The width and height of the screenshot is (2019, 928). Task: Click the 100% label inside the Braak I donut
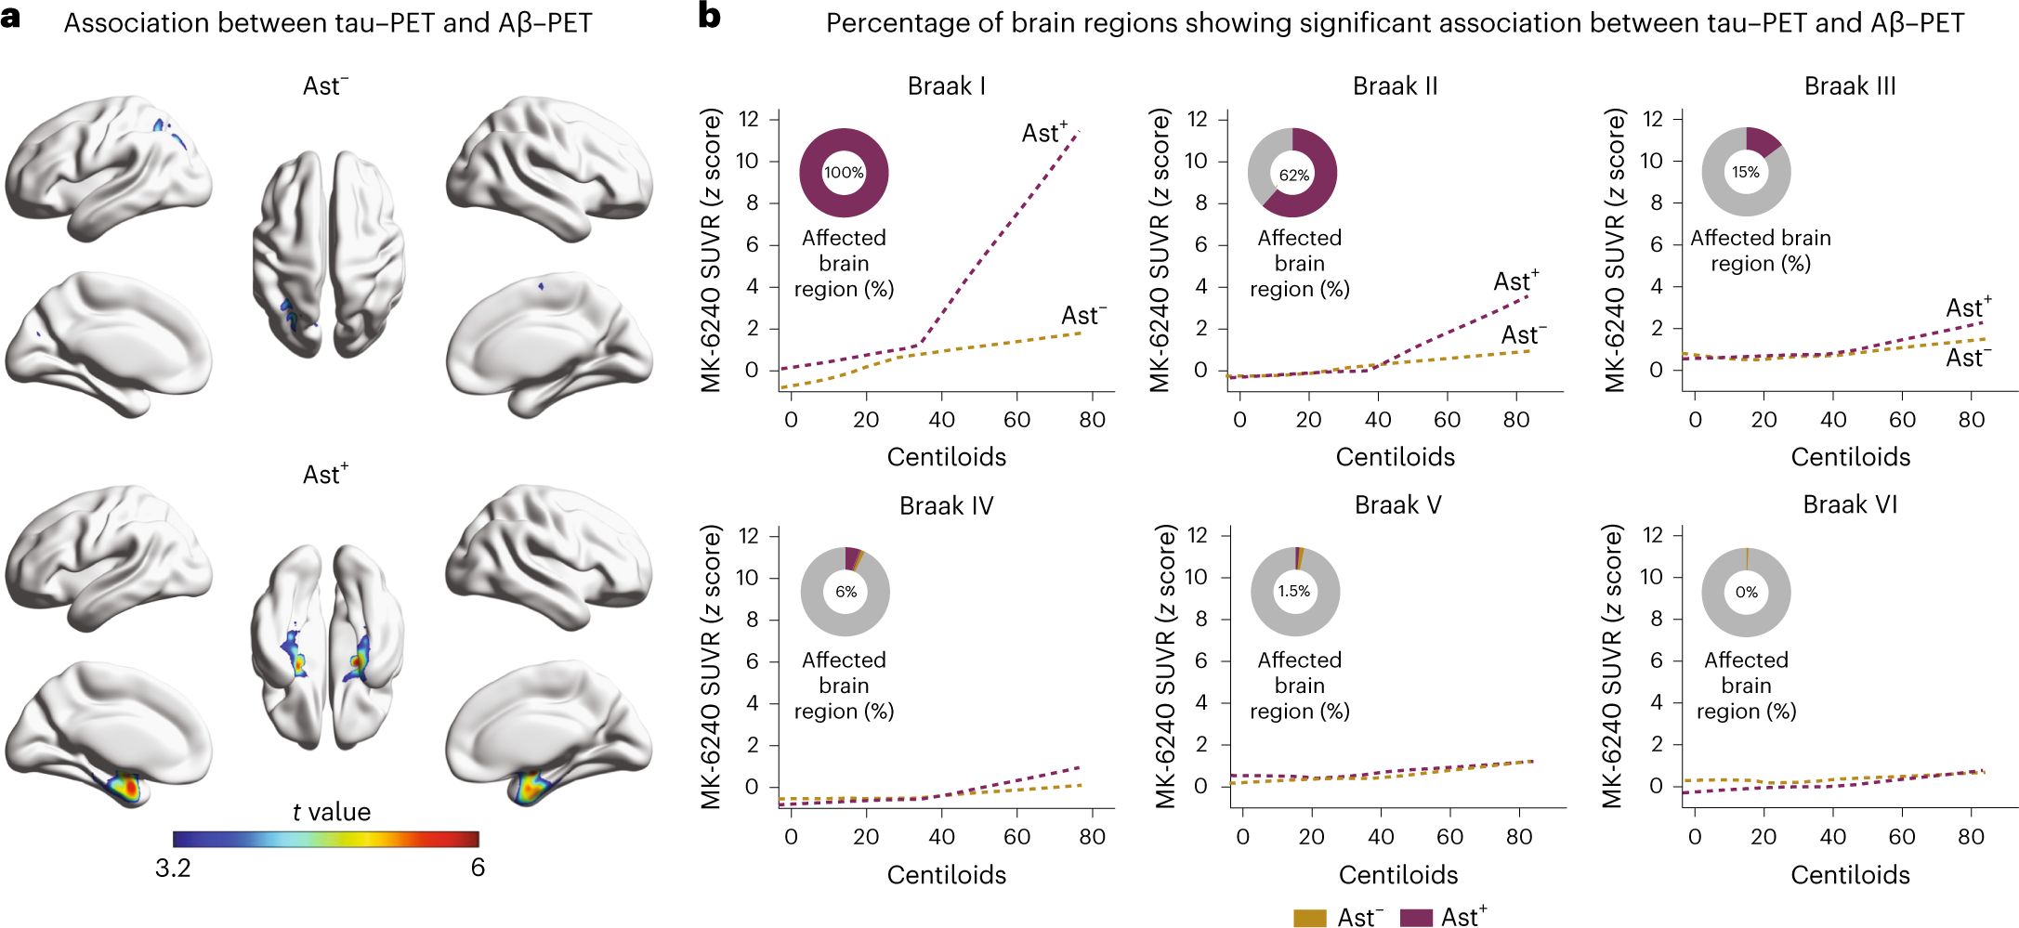(x=844, y=173)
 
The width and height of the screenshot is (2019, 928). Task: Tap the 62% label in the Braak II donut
(x=1293, y=176)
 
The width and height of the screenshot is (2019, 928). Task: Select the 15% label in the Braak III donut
(x=1746, y=172)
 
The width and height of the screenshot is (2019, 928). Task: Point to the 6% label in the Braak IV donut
(x=846, y=592)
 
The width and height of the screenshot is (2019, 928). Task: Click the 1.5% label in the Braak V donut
(x=1293, y=591)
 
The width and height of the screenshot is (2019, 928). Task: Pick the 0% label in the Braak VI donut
(x=1746, y=592)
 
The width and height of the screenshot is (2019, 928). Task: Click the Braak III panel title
(x=1849, y=86)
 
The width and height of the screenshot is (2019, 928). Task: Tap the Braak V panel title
(x=1397, y=504)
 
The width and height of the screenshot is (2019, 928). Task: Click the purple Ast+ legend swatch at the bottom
(x=1416, y=918)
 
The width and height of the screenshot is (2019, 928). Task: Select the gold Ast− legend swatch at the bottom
(x=1310, y=918)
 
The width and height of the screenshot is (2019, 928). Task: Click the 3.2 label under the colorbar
(x=173, y=868)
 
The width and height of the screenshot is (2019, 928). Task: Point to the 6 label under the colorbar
(x=478, y=868)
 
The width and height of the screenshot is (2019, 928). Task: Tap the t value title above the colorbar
(x=331, y=812)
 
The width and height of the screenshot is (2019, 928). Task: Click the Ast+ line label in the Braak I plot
(x=1044, y=133)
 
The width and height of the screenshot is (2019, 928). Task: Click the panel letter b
(x=709, y=17)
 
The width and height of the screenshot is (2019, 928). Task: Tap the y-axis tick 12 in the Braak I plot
(x=749, y=119)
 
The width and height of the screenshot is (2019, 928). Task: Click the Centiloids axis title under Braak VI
(x=1850, y=874)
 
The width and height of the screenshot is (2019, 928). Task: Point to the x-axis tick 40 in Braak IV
(x=941, y=837)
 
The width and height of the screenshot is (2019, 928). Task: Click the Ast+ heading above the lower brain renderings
(x=325, y=475)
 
